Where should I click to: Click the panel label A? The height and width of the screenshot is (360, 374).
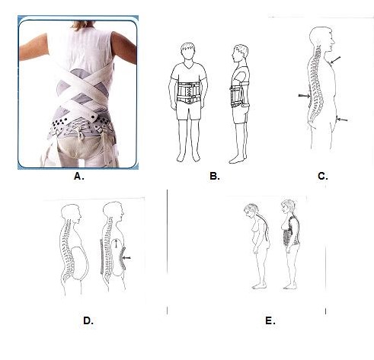[79, 176]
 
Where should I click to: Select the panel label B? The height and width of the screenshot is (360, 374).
[215, 176]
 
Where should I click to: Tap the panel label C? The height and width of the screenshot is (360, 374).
[322, 176]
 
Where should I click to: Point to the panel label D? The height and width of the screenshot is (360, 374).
[88, 320]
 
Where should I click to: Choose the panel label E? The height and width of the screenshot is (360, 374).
[270, 320]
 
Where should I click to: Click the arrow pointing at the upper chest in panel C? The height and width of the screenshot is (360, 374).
[335, 60]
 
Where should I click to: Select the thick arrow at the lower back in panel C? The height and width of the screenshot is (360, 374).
[304, 96]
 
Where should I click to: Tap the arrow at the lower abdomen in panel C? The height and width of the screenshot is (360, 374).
[341, 119]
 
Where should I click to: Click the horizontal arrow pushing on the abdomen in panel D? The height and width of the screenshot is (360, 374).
[126, 258]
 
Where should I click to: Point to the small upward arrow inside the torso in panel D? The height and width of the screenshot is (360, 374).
[116, 244]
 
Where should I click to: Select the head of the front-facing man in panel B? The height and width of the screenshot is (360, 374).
[188, 51]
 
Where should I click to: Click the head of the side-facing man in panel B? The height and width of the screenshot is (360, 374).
[241, 54]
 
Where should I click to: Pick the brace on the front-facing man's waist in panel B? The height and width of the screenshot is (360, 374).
[189, 93]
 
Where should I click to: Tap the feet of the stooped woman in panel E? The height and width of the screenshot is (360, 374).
[258, 287]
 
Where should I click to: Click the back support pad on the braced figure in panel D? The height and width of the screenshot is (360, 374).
[102, 256]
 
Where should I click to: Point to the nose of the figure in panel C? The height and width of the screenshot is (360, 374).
[334, 41]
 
